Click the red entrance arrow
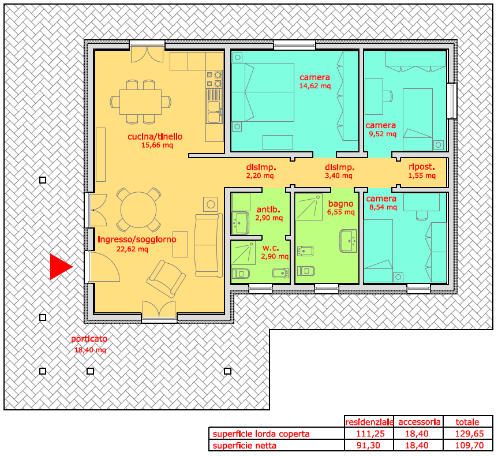click(61, 267)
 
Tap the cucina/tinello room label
click(155, 137)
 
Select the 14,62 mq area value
click(314, 86)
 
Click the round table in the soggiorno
click(138, 210)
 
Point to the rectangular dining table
click(140, 102)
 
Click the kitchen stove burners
click(214, 79)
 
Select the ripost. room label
click(422, 167)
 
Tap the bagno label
click(340, 204)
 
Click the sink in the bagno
click(349, 241)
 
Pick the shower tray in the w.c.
click(243, 253)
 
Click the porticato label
click(89, 339)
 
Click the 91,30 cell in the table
click(368, 446)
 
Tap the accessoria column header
click(420, 422)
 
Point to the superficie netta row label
click(244, 446)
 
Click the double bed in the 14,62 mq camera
click(263, 92)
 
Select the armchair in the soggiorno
click(166, 279)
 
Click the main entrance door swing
click(105, 267)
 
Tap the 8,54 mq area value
click(383, 207)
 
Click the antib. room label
click(268, 210)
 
